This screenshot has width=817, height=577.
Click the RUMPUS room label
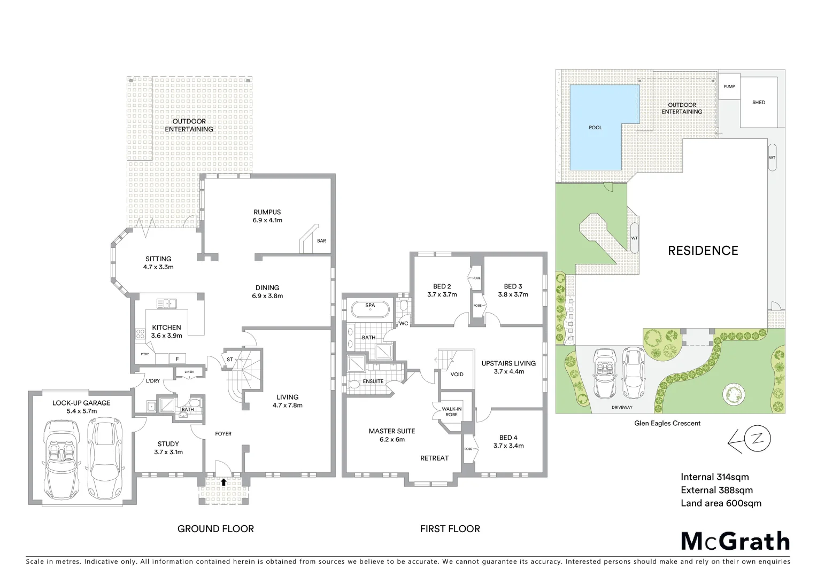coord(267,212)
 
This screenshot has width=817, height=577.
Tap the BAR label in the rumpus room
coord(321,241)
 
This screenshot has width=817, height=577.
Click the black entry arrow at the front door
coord(223,482)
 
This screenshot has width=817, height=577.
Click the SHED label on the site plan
coord(758,103)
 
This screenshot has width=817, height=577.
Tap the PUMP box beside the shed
coord(729,87)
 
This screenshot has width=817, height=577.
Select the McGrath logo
coord(735,541)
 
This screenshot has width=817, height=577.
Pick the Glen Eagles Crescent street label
coord(667,423)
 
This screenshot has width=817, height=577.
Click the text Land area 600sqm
coord(721,503)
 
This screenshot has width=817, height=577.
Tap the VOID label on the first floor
coord(457,374)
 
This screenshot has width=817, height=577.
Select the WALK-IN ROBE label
coord(451,411)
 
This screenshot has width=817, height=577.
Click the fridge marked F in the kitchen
coord(177,358)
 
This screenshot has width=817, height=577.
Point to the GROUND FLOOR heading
coord(215,528)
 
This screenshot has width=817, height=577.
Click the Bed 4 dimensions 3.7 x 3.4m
coord(508,446)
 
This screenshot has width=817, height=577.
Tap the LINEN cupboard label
coord(189,372)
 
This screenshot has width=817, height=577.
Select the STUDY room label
coord(168,444)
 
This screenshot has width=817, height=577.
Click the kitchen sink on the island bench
coord(167,303)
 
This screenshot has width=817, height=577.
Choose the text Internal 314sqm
coord(714,477)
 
